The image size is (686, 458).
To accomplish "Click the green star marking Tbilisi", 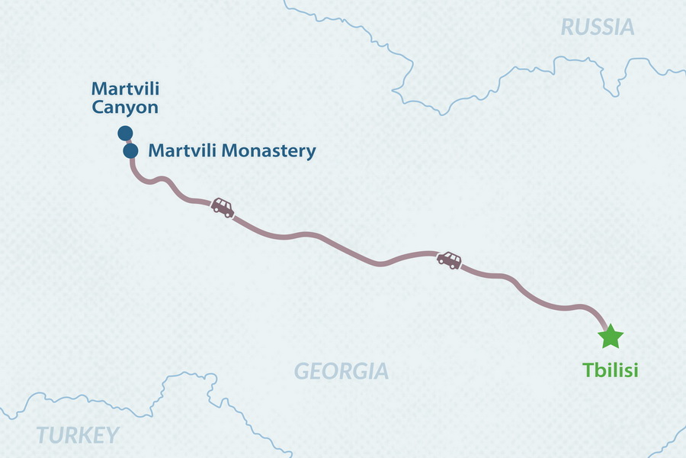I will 611,337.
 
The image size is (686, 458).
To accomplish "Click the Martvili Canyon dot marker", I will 125,134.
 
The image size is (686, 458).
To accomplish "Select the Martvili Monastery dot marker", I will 130,151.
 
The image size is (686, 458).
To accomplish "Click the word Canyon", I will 125,107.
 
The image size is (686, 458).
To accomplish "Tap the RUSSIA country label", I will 597,27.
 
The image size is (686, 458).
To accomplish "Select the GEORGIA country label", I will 341,372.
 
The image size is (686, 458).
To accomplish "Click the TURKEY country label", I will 77,436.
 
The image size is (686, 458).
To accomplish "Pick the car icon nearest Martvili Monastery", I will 223,207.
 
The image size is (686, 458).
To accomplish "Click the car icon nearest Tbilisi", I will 449,260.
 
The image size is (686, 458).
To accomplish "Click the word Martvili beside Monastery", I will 175,150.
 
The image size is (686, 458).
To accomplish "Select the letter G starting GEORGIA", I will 302,372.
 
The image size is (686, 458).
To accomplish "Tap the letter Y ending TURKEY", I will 112,436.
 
